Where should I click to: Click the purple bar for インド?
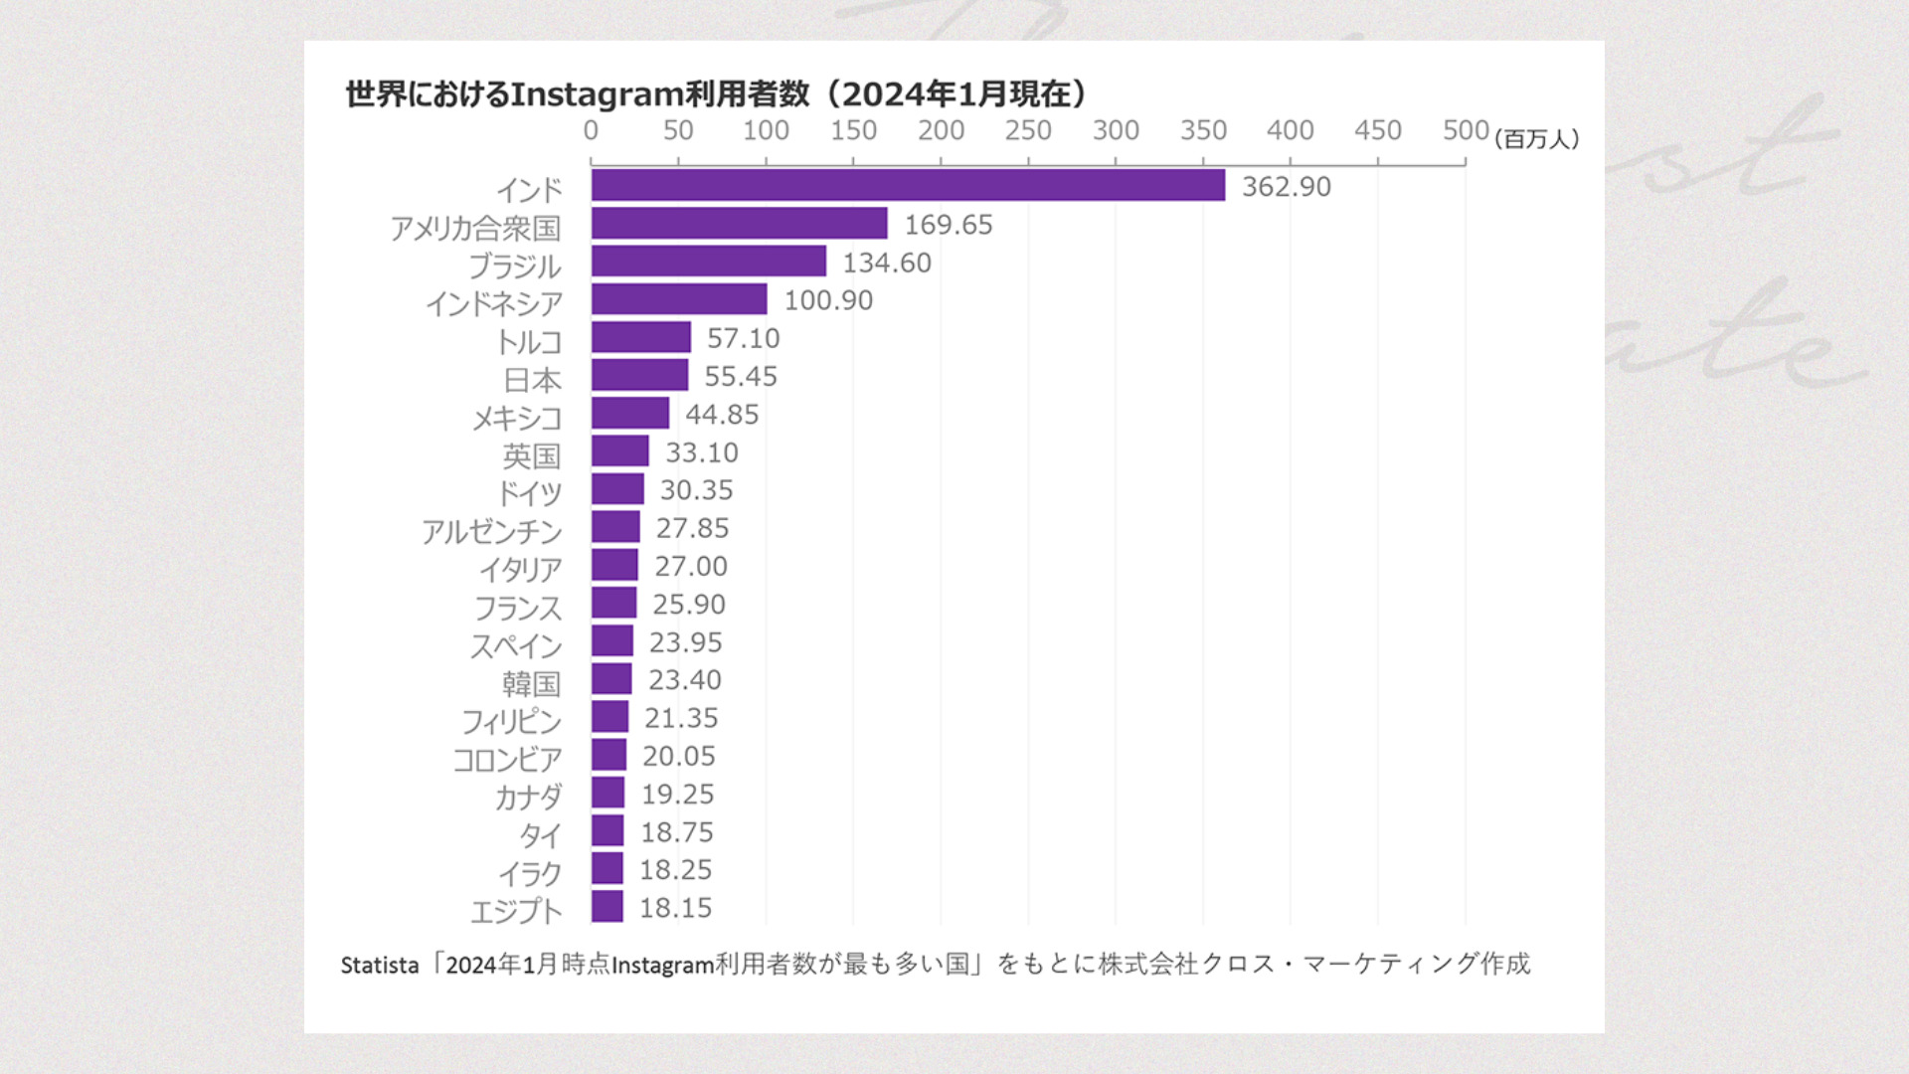point(908,186)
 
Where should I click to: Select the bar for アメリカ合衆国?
point(739,224)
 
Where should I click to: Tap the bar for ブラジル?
point(708,262)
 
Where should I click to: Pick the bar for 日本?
point(639,376)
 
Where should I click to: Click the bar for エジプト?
point(607,907)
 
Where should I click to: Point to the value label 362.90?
point(1286,187)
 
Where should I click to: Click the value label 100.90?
point(827,300)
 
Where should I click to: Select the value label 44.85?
point(722,415)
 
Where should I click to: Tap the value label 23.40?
point(684,680)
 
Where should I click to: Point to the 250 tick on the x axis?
point(1028,131)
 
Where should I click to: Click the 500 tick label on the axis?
point(1466,131)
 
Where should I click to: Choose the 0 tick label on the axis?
point(591,131)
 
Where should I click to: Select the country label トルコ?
point(529,342)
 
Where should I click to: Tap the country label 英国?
point(531,455)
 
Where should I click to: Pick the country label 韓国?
point(531,684)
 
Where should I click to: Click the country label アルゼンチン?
point(491,532)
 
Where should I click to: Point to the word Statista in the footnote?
point(380,966)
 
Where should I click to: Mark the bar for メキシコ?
point(629,414)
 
